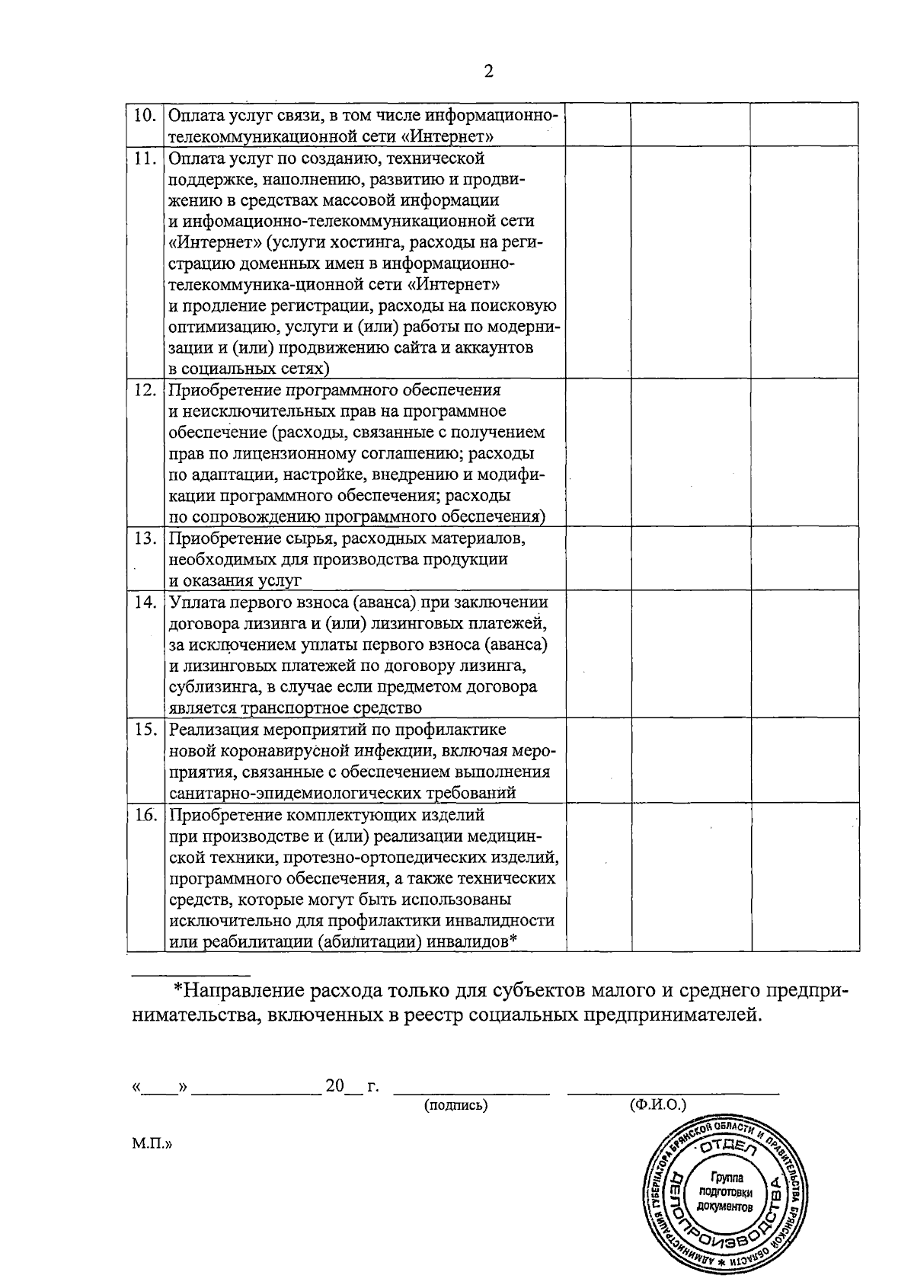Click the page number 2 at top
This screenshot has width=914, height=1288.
pos(488,72)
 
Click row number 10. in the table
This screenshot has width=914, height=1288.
pos(145,116)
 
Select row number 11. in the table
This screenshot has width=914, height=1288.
pos(145,159)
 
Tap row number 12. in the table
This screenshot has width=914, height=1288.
pos(145,391)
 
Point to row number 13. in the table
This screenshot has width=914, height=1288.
pos(145,539)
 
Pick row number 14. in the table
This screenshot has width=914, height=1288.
pos(145,602)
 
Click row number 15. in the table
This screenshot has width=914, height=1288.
pos(145,730)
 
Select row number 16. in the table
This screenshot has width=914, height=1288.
pos(145,815)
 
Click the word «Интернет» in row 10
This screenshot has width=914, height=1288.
pos(449,137)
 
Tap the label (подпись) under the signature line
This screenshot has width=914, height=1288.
pos(455,1104)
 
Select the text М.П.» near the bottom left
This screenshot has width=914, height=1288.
pos(152,1143)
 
